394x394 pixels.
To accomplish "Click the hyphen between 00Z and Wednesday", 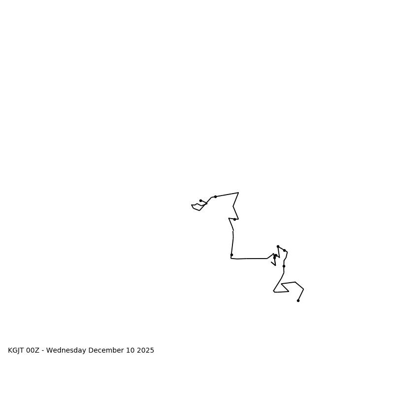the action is click(x=42, y=351).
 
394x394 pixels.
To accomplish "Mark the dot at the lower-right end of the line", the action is click(x=298, y=300).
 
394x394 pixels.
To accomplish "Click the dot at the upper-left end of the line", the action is click(x=200, y=200).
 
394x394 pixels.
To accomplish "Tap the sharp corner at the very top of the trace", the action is click(x=238, y=193).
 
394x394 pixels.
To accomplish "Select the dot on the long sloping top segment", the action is click(x=215, y=197).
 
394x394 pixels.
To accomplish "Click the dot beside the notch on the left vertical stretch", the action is click(x=234, y=219).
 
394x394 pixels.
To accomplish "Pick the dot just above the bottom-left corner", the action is click(x=231, y=255).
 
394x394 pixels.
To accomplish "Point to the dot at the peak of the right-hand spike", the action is click(x=278, y=246).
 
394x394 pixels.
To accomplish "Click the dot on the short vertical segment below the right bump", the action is click(x=284, y=266).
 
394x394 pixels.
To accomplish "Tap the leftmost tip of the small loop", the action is click(x=192, y=205).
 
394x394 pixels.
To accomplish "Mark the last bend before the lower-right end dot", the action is click(x=303, y=289).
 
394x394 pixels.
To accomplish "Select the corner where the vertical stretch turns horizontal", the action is click(x=231, y=258).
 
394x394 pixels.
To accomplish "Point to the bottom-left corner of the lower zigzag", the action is click(x=274, y=292).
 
